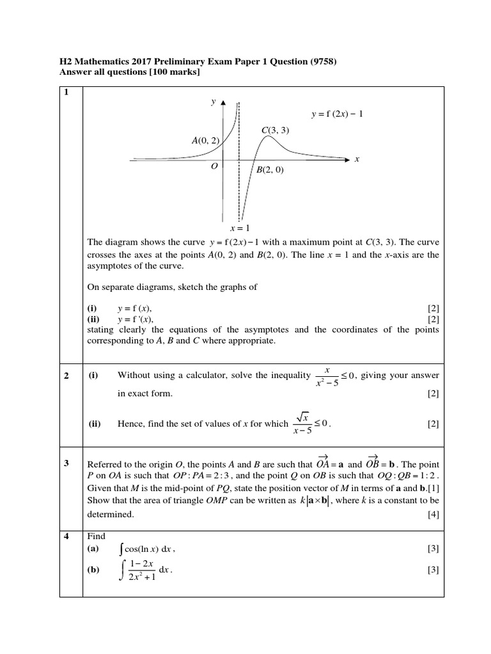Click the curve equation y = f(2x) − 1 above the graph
click(x=337, y=114)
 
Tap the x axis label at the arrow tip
click(x=357, y=160)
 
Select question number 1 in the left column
click(x=65, y=92)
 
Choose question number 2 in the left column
click(x=66, y=376)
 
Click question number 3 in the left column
click(x=66, y=463)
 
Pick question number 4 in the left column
click(x=66, y=536)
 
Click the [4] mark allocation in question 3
click(x=433, y=514)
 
